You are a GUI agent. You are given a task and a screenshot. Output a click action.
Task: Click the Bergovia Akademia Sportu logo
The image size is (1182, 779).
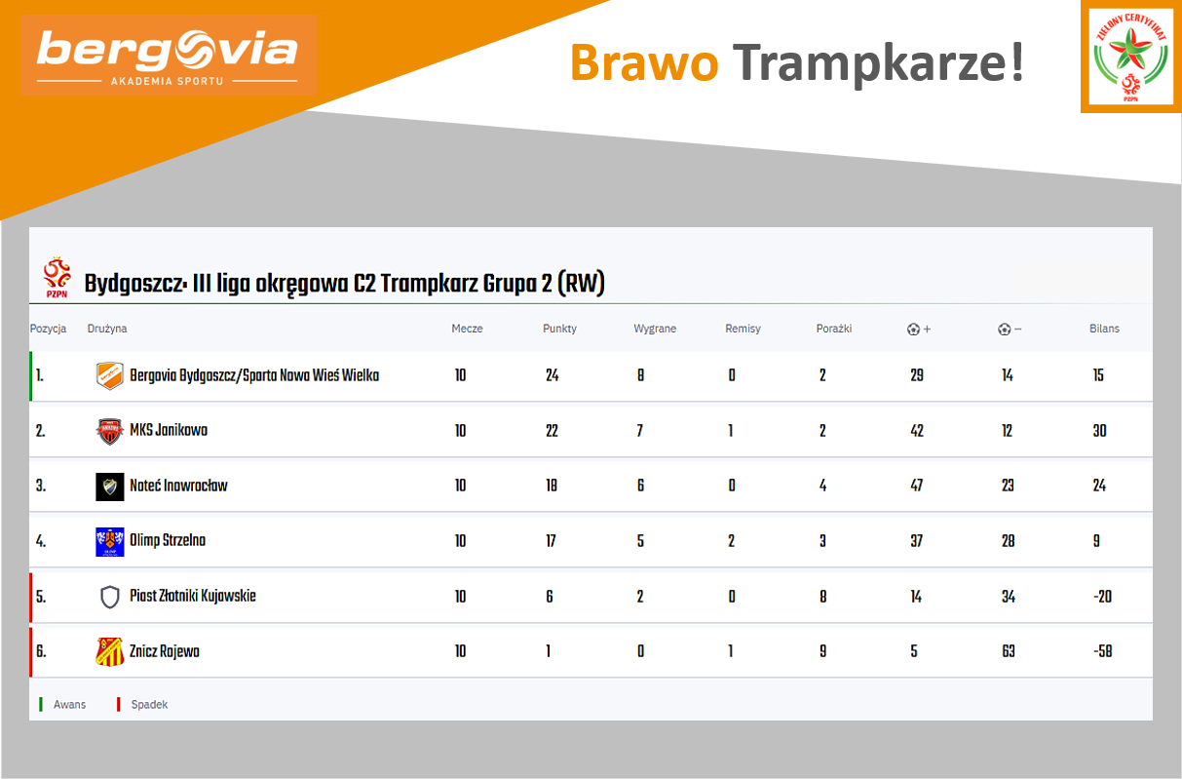(168, 56)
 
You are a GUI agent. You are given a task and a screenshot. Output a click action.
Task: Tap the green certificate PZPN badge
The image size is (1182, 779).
(1130, 58)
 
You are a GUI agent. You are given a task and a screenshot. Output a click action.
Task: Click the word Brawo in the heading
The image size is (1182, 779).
(644, 62)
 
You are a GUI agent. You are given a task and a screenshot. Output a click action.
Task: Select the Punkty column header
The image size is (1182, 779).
(559, 329)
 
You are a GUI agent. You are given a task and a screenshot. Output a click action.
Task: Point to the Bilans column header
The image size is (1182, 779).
(1104, 329)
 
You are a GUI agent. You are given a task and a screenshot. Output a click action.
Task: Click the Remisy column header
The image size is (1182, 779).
(743, 329)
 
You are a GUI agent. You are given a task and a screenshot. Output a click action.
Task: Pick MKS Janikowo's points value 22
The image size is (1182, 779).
(552, 431)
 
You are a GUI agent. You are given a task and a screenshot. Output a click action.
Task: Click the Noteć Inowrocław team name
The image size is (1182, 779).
(178, 486)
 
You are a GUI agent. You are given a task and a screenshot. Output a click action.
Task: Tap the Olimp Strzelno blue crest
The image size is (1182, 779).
(110, 542)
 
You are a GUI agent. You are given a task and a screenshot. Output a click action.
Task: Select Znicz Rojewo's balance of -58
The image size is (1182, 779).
(1102, 651)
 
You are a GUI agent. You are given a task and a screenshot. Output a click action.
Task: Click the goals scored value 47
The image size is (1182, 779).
(917, 486)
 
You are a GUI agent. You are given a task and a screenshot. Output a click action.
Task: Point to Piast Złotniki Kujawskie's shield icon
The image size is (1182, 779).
(110, 598)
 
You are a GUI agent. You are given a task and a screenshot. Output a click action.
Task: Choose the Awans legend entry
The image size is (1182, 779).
(62, 705)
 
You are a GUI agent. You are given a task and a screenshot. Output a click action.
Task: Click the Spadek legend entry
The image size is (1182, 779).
(142, 705)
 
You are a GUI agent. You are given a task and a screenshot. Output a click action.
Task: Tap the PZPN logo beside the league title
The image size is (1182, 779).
(57, 277)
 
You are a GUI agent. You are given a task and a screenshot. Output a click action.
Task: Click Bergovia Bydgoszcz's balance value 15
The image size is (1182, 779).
(1098, 375)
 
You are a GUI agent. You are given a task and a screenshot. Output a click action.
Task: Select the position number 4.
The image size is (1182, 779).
(41, 541)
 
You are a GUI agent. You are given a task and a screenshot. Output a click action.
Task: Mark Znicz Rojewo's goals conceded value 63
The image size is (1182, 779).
(1009, 651)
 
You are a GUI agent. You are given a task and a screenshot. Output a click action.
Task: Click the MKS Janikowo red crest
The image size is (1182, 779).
(110, 432)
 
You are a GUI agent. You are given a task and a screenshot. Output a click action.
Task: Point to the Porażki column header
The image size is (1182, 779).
(834, 329)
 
